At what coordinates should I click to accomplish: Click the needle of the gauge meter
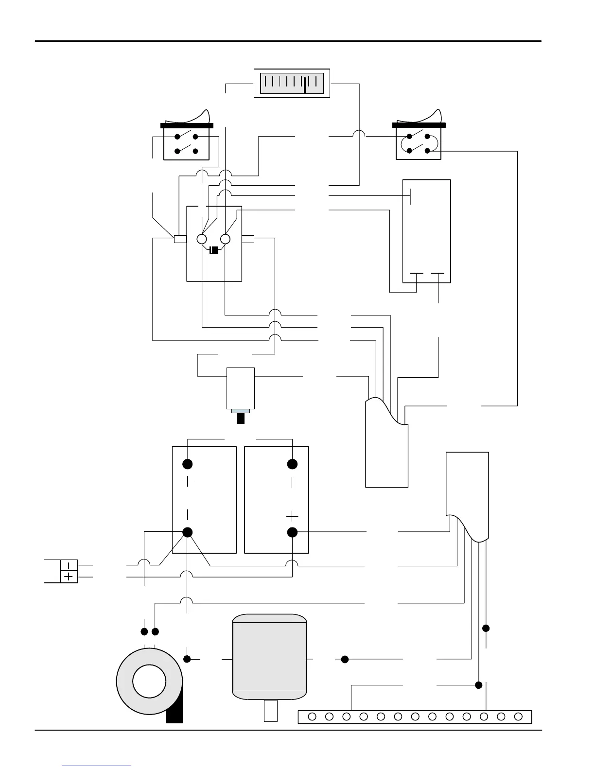tap(304, 84)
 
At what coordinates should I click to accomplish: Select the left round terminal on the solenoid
tap(202, 239)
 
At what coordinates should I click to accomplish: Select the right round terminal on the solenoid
tap(225, 239)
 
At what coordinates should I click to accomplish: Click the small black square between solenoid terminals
tap(214, 250)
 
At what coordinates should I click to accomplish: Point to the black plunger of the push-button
tap(240, 418)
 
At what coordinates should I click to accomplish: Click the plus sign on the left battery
tap(187, 482)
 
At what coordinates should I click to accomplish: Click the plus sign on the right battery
tap(292, 516)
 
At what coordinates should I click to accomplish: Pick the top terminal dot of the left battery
tap(187, 464)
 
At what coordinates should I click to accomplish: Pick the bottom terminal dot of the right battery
tap(292, 532)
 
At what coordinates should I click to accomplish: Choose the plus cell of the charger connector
tap(70, 577)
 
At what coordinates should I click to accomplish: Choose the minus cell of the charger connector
tap(70, 565)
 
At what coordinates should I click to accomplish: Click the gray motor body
tap(270, 656)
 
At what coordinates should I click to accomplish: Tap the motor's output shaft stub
tap(270, 711)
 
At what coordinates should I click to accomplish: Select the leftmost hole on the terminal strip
tap(312, 717)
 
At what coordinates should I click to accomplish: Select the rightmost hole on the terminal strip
tap(518, 717)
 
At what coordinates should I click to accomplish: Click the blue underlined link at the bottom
tap(97, 765)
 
